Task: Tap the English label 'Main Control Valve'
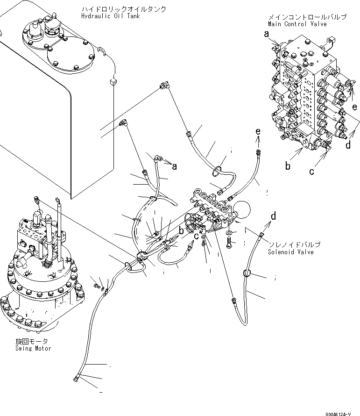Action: [297, 24]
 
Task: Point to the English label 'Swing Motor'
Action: [33, 348]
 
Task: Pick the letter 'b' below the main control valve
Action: [288, 165]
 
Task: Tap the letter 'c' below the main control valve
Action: [311, 171]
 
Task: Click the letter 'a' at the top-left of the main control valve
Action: [267, 34]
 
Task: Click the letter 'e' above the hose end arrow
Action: [257, 132]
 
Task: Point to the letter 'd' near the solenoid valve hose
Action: [274, 216]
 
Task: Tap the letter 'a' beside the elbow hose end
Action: [175, 166]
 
